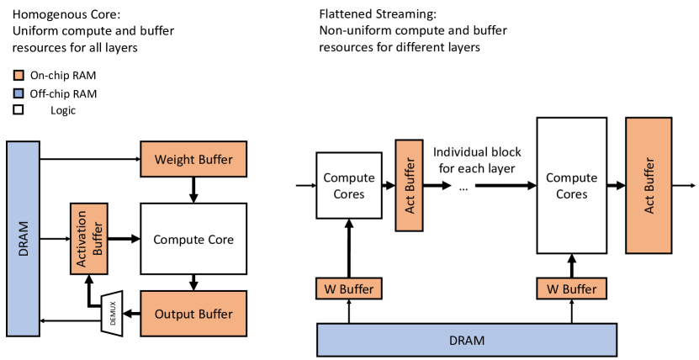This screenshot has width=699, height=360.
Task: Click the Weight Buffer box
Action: (193, 159)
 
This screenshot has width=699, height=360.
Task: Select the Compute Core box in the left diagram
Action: (193, 239)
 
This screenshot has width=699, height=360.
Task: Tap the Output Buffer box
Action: (193, 313)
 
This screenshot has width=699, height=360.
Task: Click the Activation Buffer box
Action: (89, 239)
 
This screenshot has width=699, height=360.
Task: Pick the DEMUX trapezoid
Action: (111, 313)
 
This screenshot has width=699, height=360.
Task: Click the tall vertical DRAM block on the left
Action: (24, 239)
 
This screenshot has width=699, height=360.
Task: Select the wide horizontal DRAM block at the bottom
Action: (467, 341)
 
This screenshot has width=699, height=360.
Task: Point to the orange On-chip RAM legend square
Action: (19, 76)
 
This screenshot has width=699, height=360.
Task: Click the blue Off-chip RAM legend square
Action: (19, 93)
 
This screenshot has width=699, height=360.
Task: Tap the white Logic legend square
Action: (19, 109)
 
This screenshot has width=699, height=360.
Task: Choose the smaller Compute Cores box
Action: (349, 185)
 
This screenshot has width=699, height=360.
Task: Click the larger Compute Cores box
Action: (572, 185)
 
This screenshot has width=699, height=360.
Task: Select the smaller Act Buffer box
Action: (410, 185)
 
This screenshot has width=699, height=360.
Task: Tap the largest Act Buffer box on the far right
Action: (649, 185)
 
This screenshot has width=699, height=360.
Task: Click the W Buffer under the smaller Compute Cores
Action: (349, 289)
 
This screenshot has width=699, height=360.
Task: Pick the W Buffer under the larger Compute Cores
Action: (572, 289)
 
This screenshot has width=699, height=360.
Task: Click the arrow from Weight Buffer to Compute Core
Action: (193, 190)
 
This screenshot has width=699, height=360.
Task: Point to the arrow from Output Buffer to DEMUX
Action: (131, 314)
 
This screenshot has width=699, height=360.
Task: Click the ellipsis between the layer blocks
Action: (463, 188)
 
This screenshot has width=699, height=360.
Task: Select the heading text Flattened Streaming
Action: (378, 14)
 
